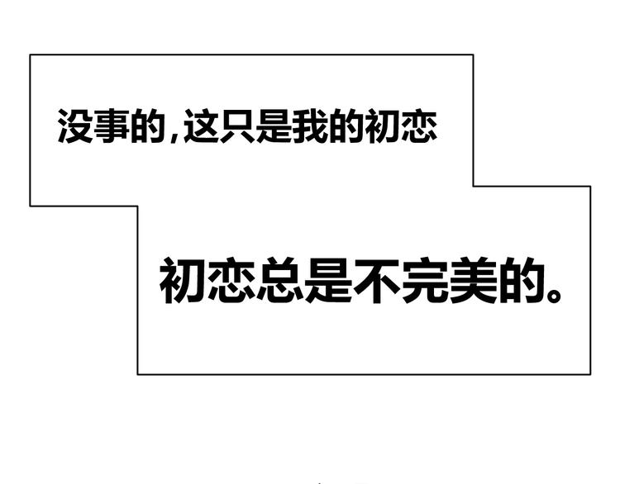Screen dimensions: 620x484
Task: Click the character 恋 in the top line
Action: (419, 126)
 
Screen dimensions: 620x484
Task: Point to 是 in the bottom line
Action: (328, 281)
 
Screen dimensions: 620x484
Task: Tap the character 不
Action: (377, 281)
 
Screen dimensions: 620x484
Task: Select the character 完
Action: (425, 281)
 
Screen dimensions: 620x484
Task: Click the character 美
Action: (474, 281)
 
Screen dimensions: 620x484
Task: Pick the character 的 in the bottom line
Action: (522, 281)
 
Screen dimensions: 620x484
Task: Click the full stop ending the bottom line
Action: (554, 296)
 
